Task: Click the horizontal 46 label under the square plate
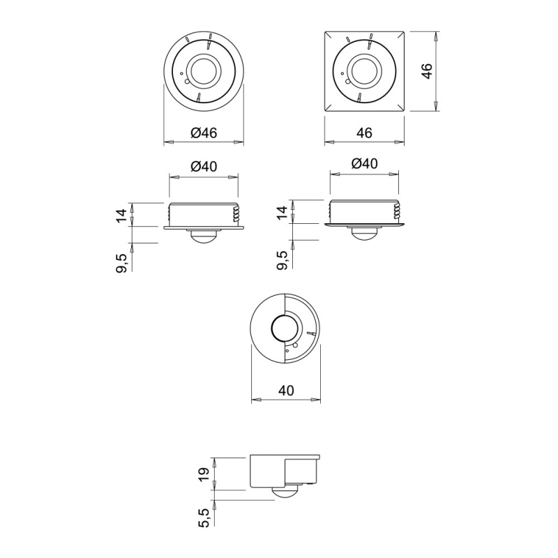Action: (365, 132)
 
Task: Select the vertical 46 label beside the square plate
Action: (427, 70)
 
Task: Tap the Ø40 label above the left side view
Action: (204, 165)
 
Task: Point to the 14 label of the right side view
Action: (282, 213)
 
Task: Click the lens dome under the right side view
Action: (364, 234)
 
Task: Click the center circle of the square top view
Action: (365, 70)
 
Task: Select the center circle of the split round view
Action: (285, 329)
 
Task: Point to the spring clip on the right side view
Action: (397, 210)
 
